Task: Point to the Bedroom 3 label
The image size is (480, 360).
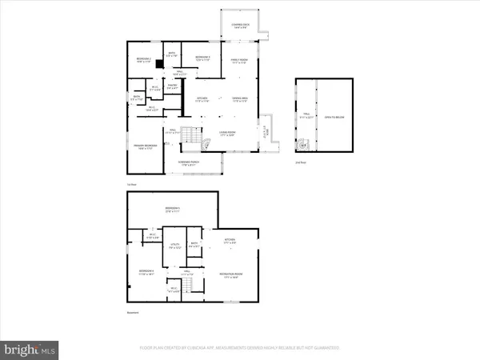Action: pyautogui.click(x=202, y=58)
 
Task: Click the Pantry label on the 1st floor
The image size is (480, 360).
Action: pyautogui.click(x=171, y=86)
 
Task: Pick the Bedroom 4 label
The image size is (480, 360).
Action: pyautogui.click(x=145, y=273)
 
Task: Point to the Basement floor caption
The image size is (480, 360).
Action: pyautogui.click(x=133, y=312)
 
